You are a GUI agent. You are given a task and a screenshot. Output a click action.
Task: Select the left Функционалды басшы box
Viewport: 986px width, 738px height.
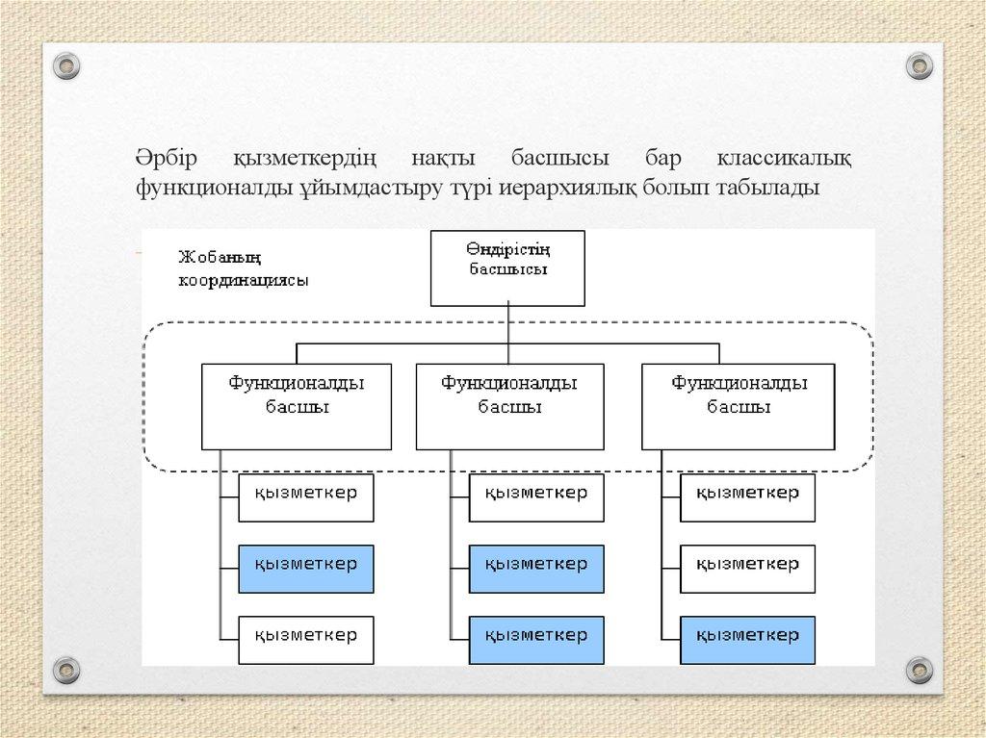click(x=297, y=406)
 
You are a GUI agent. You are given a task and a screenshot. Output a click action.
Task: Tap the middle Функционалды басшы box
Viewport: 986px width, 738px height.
click(x=509, y=406)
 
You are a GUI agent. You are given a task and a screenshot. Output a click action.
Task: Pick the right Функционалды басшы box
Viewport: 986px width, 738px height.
click(x=739, y=406)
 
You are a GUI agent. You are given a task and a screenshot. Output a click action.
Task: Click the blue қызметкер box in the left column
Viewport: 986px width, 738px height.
click(x=305, y=569)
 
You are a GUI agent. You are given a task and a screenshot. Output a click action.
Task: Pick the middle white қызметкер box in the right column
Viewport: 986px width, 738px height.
click(x=747, y=569)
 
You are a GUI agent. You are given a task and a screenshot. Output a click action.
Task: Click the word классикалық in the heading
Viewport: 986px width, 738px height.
click(x=783, y=157)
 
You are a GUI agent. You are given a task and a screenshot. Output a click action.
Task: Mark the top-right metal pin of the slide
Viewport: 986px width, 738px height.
click(x=921, y=65)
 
